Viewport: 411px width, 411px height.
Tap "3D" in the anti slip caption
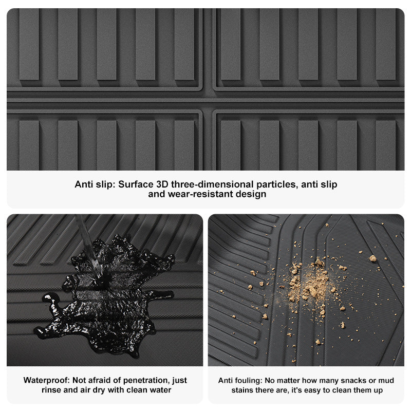click(162, 184)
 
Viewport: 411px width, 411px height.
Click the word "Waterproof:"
click(47, 380)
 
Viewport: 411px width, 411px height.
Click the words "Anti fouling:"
click(240, 380)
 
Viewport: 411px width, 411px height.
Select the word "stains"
click(242, 390)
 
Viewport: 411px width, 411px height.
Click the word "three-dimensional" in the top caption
click(212, 184)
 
